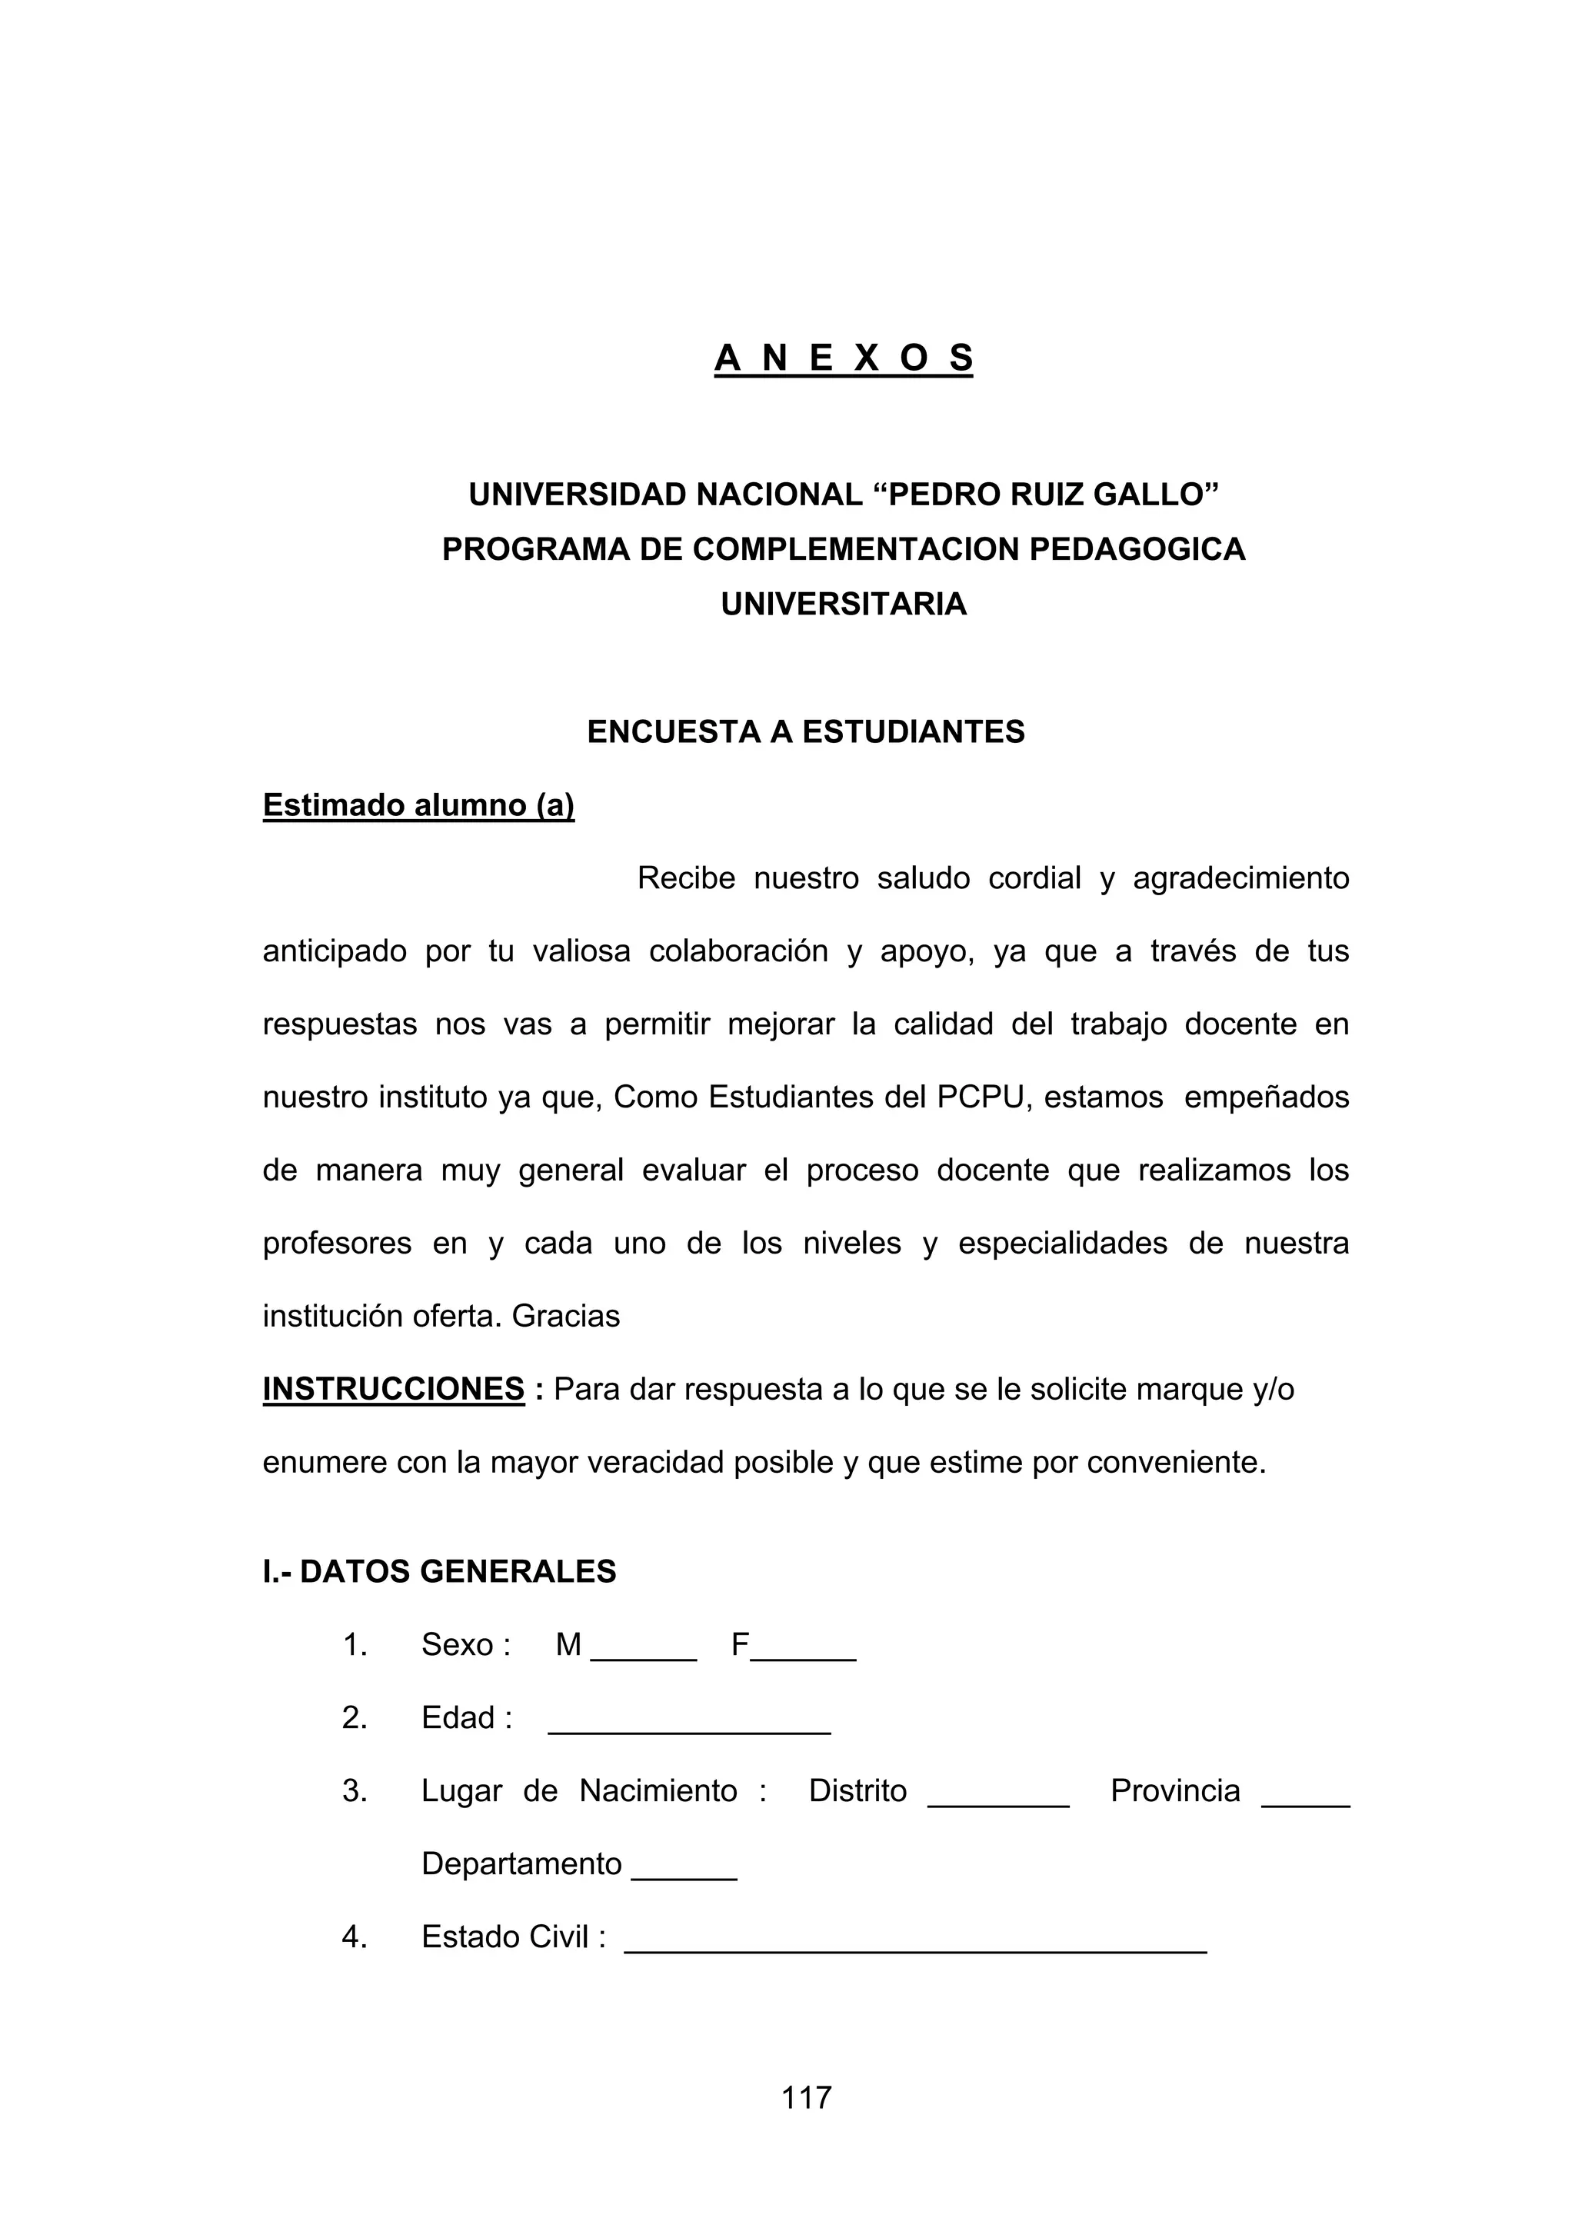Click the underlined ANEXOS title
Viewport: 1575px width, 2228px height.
[844, 358]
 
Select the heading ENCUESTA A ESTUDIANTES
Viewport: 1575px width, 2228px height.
[805, 731]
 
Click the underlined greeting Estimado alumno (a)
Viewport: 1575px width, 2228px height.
[418, 805]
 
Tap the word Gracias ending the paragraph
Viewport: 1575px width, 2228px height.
[566, 1317]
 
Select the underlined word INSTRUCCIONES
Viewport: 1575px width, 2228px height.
[393, 1390]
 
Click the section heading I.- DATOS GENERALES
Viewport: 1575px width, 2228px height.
[440, 1572]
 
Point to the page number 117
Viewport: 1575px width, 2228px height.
[807, 2098]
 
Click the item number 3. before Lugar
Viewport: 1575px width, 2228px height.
[355, 1791]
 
